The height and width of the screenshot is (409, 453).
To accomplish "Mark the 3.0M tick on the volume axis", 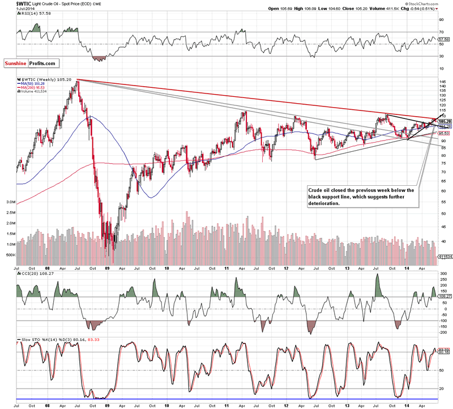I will point(10,202).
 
